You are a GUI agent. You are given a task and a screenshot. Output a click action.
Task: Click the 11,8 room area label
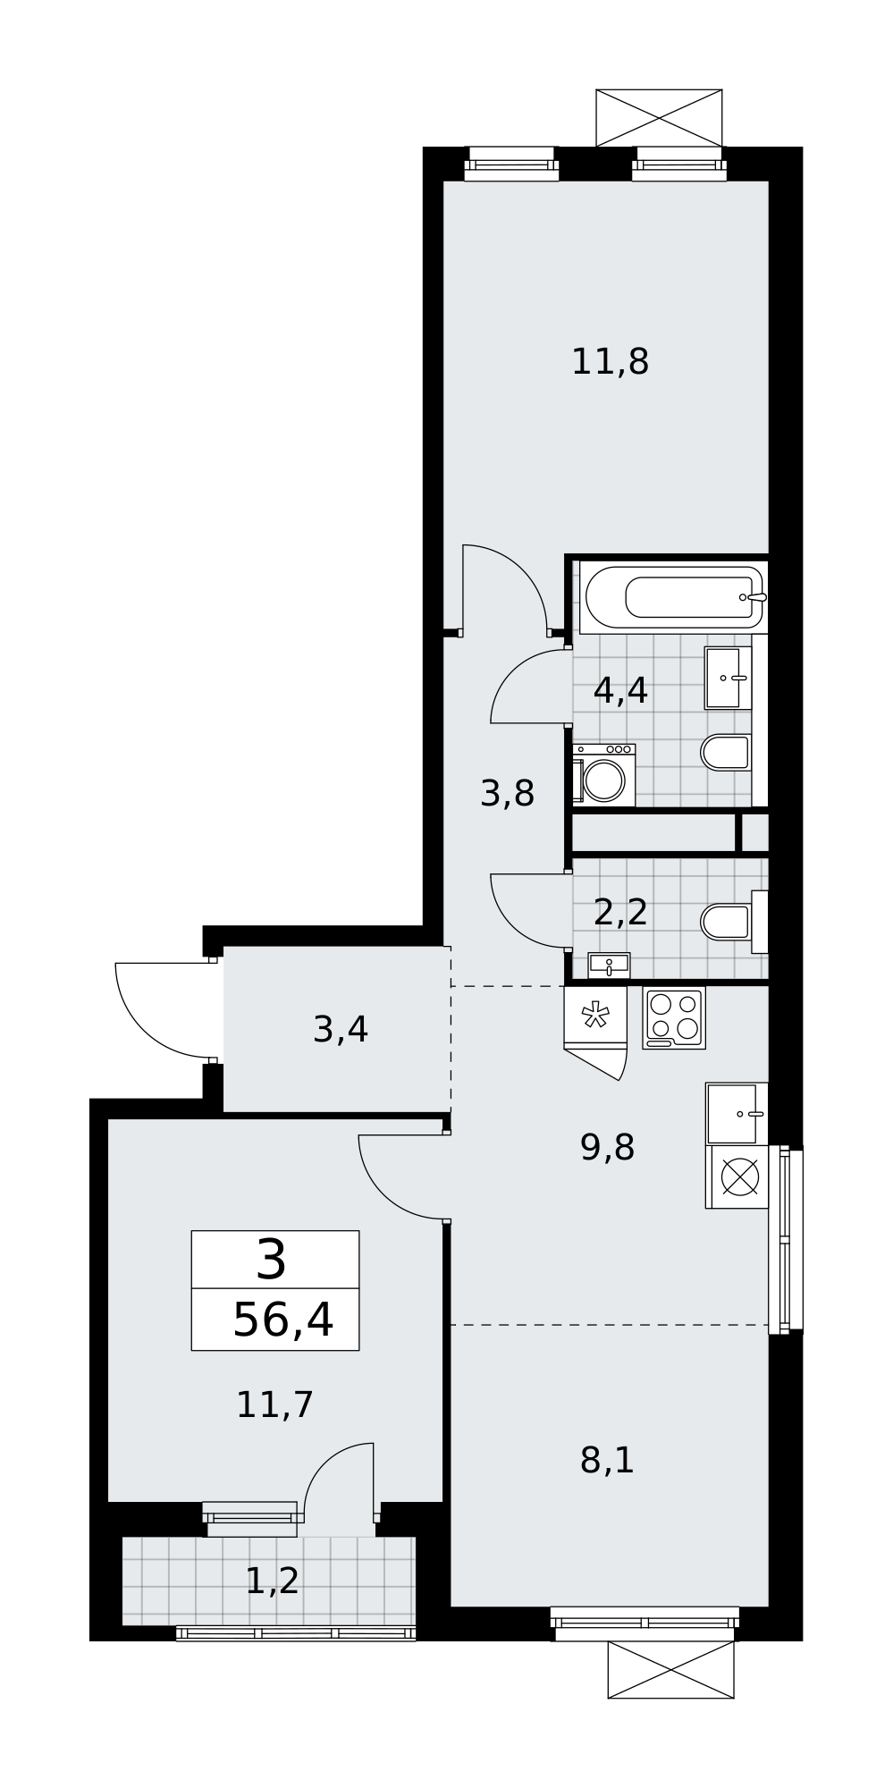point(610,362)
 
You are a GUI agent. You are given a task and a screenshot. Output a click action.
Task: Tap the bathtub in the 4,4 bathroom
point(672,597)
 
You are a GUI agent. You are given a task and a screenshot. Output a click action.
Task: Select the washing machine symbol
point(604,775)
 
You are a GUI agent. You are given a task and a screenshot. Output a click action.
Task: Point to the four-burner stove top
point(674,1017)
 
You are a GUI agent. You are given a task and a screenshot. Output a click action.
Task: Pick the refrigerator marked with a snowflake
point(595,1016)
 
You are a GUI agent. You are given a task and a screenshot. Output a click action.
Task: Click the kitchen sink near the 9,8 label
point(737,1114)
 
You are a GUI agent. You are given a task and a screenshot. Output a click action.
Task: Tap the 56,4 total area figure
point(283,1320)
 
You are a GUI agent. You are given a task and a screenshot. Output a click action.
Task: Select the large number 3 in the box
point(272,1260)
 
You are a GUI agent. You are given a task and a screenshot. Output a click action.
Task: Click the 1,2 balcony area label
point(273,1581)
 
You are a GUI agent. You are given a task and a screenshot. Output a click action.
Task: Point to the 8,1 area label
point(607,1461)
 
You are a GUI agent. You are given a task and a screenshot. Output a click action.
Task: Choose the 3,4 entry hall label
point(341,1030)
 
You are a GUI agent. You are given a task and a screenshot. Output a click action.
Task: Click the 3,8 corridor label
point(508,793)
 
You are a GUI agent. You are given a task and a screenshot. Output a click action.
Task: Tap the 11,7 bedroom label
point(274,1404)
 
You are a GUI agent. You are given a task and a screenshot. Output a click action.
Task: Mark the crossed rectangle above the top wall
point(659,118)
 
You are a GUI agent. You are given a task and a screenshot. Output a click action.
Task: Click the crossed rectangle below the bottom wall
point(670,1669)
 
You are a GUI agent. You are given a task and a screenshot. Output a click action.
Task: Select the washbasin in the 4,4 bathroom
point(728,678)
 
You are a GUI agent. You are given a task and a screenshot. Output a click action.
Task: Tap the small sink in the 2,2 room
point(609,966)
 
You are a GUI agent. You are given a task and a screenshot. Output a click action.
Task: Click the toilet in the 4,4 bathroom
point(727,753)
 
